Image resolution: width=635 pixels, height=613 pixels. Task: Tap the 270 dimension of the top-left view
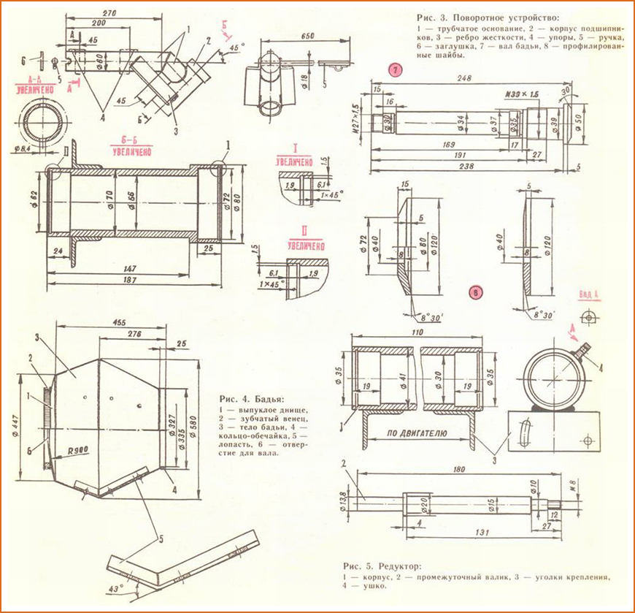pyautogui.click(x=111, y=13)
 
